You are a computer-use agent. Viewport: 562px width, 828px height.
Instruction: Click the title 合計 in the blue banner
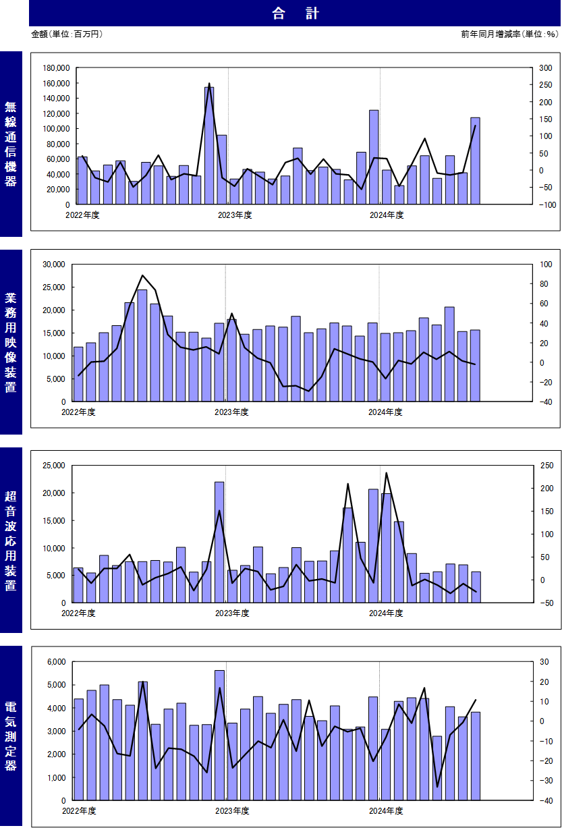pos(296,13)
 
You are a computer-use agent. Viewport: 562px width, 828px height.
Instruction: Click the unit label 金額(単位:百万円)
pos(67,34)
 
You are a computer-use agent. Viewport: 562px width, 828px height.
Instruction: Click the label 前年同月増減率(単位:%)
pos(509,34)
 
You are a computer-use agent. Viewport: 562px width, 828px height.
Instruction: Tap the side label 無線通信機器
pos(10,144)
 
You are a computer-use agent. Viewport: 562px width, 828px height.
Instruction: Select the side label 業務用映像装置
pos(10,342)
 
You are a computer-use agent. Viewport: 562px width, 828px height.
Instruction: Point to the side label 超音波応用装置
pos(10,541)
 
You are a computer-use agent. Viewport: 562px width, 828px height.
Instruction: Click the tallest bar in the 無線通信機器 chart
pos(209,146)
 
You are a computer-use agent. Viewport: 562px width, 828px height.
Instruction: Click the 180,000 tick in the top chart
pos(56,68)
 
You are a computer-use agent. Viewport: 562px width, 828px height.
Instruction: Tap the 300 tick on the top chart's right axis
pos(545,68)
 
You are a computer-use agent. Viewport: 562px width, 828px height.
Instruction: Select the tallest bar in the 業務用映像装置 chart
pos(142,346)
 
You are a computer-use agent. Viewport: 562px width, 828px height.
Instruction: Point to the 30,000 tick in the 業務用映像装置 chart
pos(54,265)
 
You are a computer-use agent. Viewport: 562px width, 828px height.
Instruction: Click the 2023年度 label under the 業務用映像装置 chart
pos(231,412)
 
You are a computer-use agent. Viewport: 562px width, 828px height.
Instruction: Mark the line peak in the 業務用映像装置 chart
pos(142,275)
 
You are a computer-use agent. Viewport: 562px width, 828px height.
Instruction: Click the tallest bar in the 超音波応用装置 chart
pos(219,543)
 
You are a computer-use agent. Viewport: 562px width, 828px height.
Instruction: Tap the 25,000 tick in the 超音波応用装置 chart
pos(54,466)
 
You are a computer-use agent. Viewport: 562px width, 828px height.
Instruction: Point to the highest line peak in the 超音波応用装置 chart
pos(386,473)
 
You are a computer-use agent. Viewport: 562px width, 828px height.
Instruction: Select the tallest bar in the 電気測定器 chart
pos(219,736)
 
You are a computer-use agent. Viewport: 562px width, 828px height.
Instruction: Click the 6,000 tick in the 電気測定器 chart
pos(56,662)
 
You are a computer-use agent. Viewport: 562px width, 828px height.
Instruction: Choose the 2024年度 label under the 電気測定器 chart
pos(386,811)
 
